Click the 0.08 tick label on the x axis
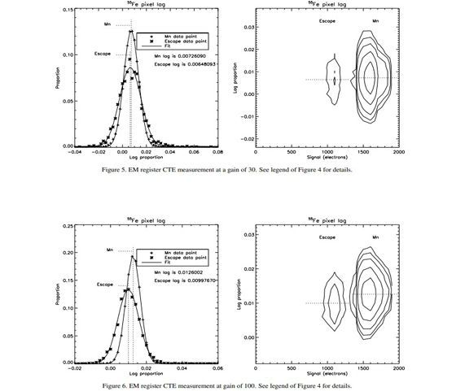(x=217, y=152)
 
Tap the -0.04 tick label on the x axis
(x=75, y=152)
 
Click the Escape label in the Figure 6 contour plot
(x=327, y=237)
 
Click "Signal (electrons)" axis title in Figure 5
(x=327, y=159)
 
